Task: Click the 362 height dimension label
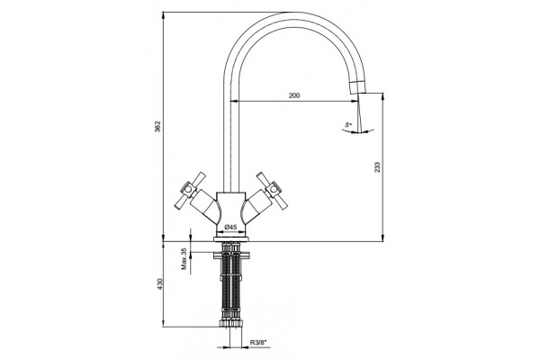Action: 157,126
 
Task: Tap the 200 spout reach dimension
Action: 294,95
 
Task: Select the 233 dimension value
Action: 377,167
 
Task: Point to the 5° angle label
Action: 348,124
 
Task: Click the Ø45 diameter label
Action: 230,227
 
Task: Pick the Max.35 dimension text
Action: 184,258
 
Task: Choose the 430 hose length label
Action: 159,283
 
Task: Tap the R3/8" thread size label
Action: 258,342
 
